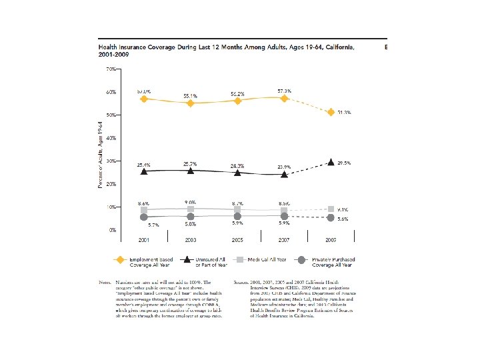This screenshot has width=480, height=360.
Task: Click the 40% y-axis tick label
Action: (x=111, y=137)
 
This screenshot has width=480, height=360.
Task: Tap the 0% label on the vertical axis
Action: (x=113, y=229)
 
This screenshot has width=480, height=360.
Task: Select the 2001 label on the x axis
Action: (x=144, y=239)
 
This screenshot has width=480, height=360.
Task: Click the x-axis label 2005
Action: (x=237, y=239)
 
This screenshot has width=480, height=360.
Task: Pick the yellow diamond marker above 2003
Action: (x=191, y=103)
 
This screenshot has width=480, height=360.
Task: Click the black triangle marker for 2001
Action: (x=144, y=171)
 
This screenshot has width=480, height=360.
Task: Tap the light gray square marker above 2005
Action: (x=237, y=210)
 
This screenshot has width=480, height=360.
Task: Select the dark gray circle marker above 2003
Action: (x=191, y=217)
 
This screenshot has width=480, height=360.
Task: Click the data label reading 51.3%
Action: (x=343, y=113)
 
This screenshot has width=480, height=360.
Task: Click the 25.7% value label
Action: (x=191, y=163)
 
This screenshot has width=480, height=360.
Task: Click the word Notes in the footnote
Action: (x=106, y=283)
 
